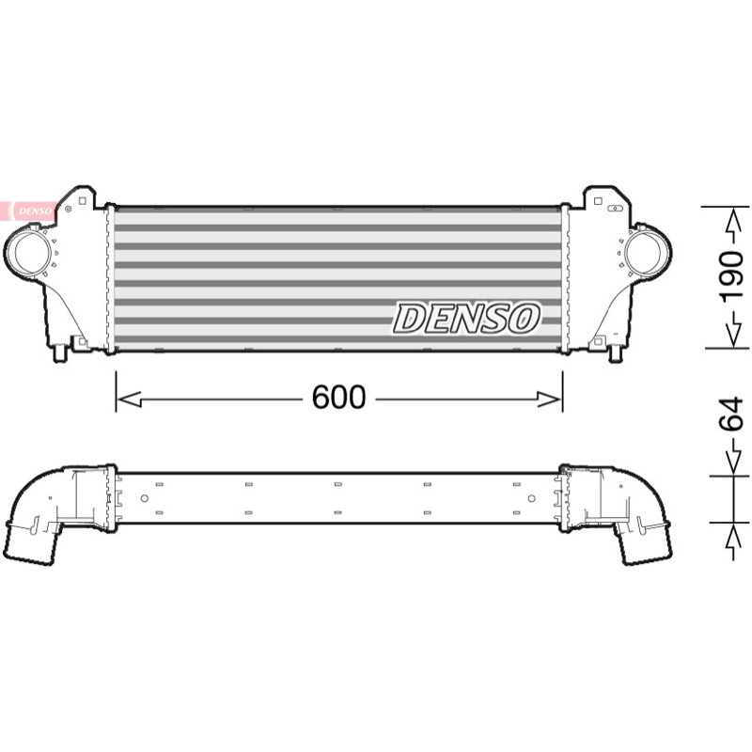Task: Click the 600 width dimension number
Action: [338, 397]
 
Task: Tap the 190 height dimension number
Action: [732, 277]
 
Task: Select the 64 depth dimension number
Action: [732, 415]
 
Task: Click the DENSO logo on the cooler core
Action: [466, 318]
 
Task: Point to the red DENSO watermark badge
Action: [29, 211]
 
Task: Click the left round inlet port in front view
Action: [31, 253]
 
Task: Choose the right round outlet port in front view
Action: [644, 252]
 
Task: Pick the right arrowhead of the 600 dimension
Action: [549, 399]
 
